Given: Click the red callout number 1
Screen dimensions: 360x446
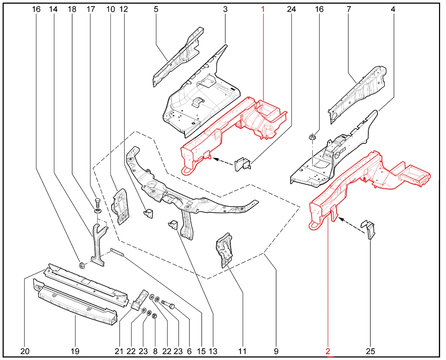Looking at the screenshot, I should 263,9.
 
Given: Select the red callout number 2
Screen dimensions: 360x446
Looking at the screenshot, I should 328,351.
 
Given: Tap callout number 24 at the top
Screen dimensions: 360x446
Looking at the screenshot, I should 291,9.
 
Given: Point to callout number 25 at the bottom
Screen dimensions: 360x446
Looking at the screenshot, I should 371,351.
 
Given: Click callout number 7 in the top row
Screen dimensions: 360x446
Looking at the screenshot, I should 349,9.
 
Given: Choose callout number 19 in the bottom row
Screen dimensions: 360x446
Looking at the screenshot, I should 75,351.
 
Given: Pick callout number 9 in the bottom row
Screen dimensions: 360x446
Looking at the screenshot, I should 276,351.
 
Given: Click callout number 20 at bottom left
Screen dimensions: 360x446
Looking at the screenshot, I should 25,351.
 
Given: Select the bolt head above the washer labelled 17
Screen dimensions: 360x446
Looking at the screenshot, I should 97,202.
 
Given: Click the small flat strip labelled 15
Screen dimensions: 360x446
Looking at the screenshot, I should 117,252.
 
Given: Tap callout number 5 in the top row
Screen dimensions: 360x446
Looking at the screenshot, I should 156,9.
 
